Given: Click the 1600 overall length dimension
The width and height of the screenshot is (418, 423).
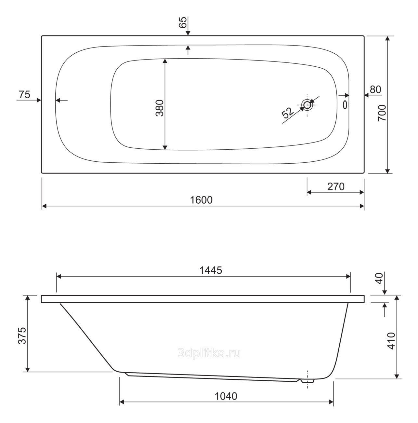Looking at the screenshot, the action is [x=201, y=200].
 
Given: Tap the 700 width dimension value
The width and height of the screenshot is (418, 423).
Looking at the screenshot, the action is [x=382, y=113].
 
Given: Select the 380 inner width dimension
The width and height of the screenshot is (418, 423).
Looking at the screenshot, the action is [x=160, y=108].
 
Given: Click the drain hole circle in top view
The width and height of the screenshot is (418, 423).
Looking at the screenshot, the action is [x=307, y=105].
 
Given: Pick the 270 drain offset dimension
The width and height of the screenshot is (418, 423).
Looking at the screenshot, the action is [x=336, y=186].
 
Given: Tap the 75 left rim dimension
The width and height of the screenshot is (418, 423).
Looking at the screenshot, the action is [x=24, y=95].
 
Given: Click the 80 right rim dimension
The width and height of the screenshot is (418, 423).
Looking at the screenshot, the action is [x=375, y=89].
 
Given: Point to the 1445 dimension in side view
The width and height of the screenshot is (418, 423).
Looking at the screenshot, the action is [x=211, y=270].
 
